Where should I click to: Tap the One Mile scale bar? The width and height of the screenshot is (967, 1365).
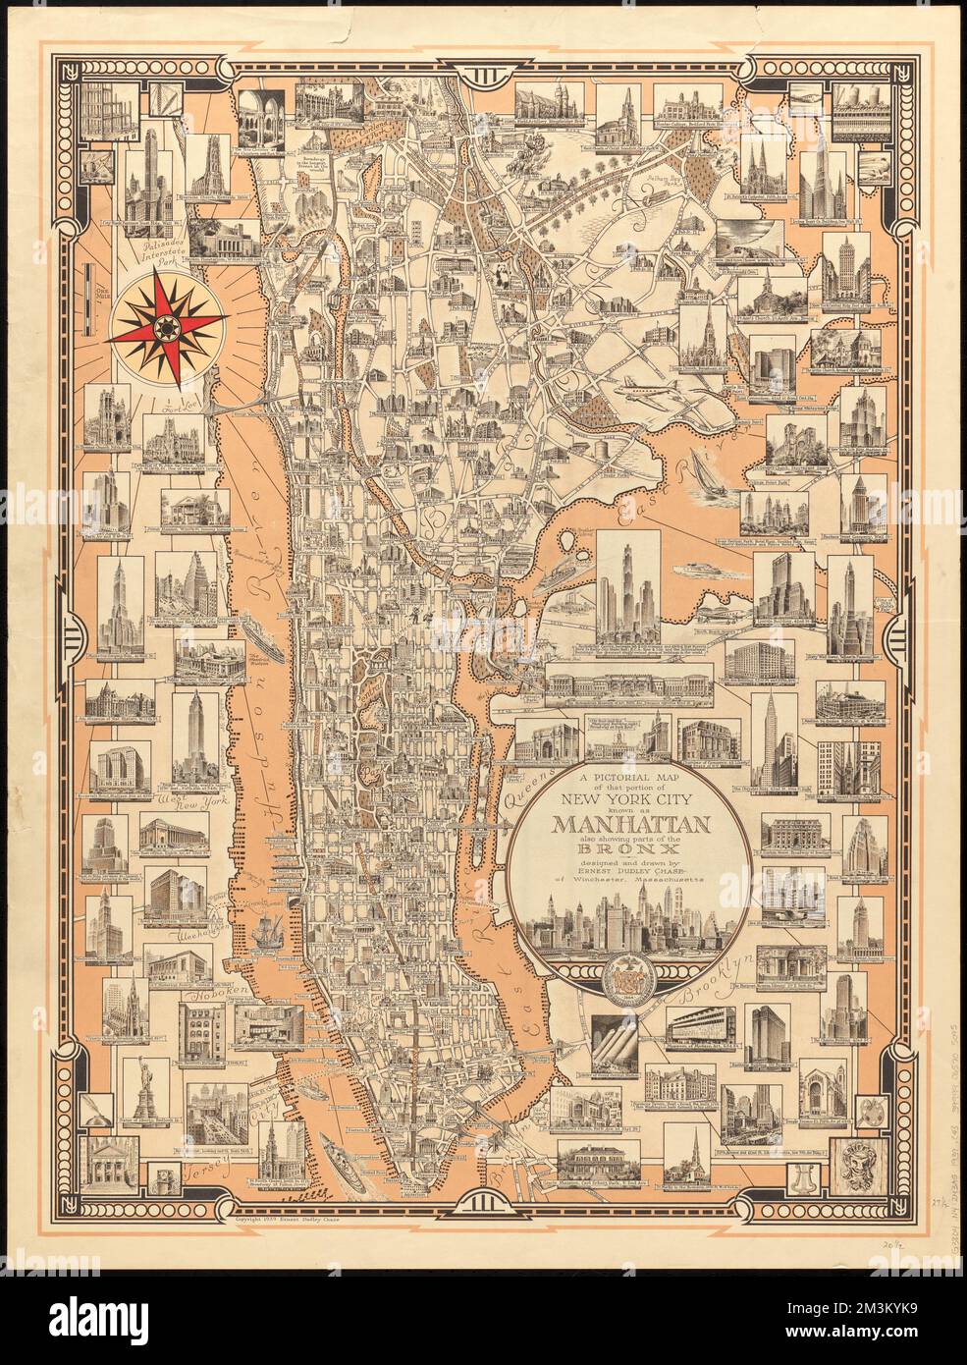(x=89, y=285)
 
